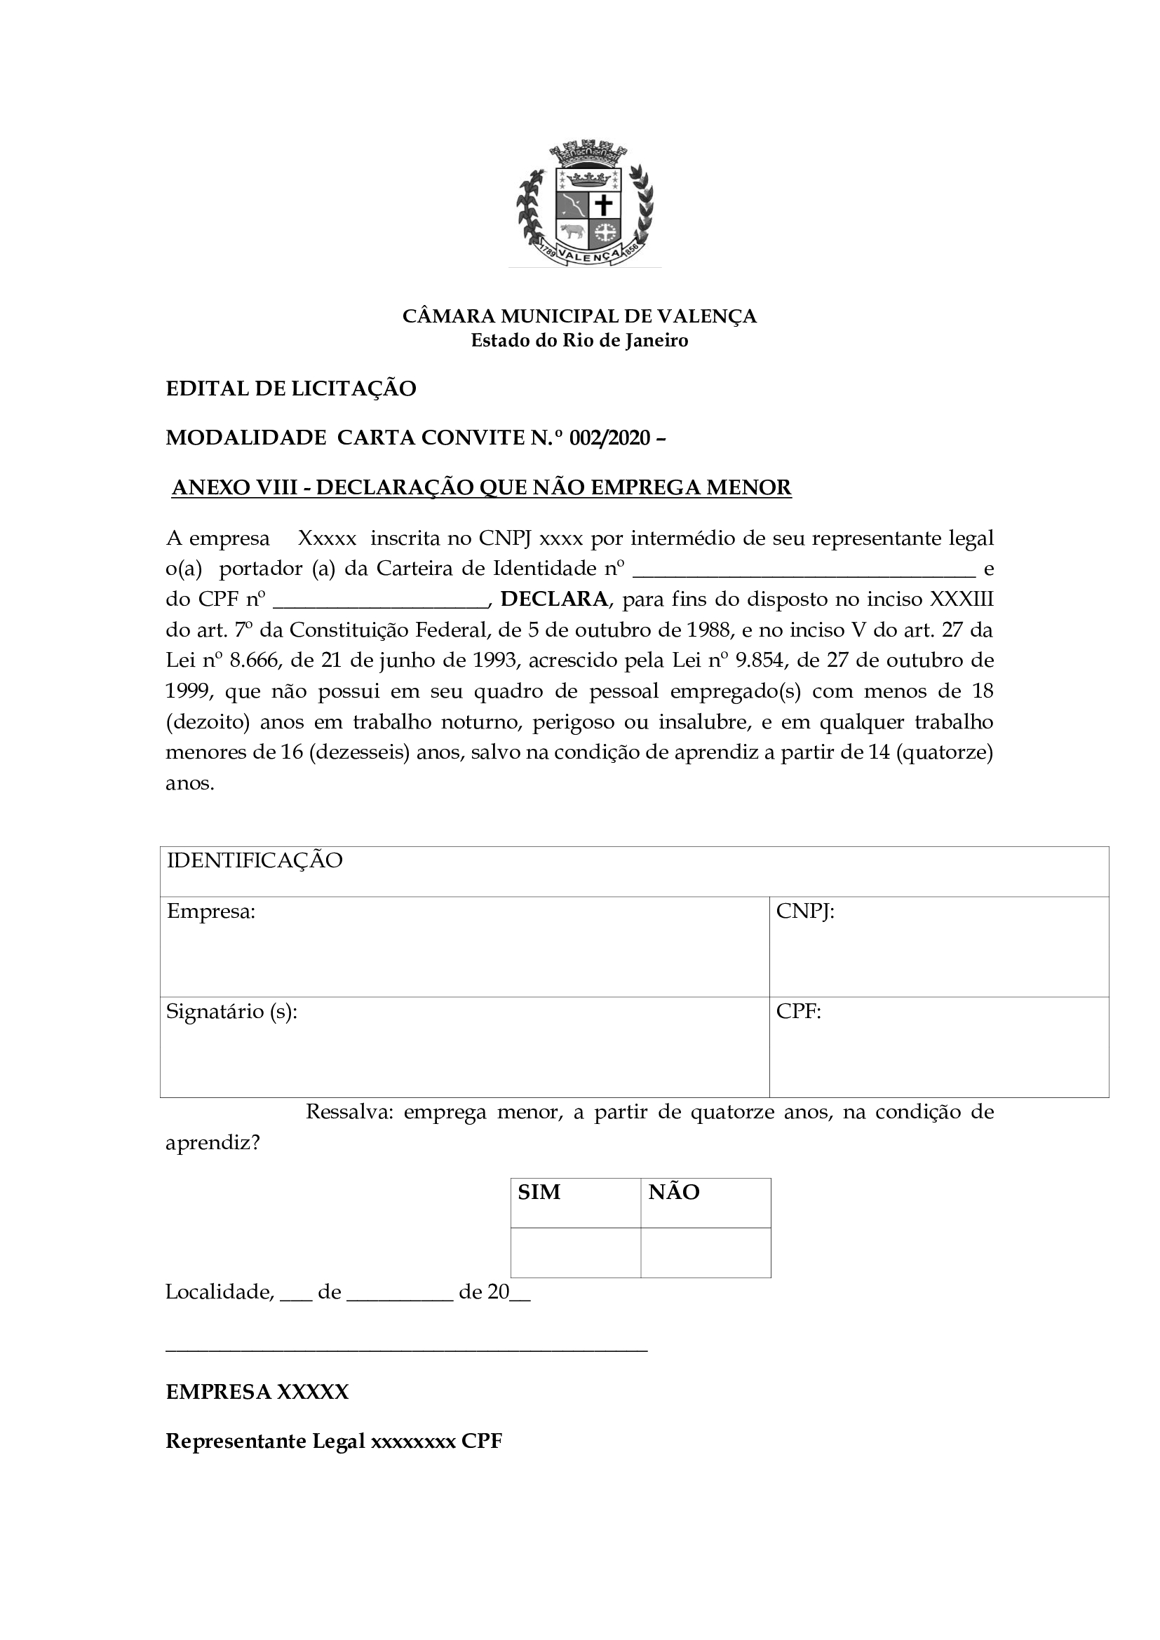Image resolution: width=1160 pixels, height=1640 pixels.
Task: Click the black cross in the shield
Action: coord(605,205)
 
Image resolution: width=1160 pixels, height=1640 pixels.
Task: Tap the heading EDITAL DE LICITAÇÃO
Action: coord(291,388)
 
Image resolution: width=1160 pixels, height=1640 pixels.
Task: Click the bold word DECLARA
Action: coord(553,599)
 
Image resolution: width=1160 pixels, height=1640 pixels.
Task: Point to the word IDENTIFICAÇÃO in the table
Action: coord(255,860)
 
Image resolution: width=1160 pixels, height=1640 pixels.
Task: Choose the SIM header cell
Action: coord(539,1192)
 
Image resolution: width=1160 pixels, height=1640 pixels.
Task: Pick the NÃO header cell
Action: coord(673,1192)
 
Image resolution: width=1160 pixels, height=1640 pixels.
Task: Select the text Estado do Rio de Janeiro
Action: coord(579,340)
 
